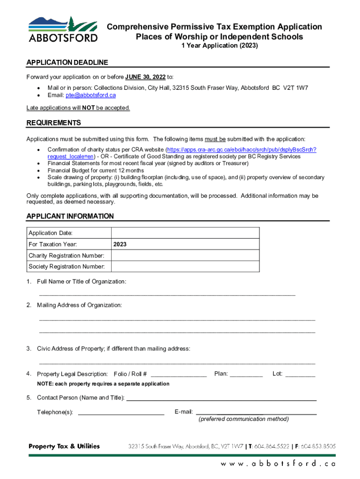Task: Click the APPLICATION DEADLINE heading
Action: pyautogui.click(x=67, y=62)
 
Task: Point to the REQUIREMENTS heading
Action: pyautogui.click(x=54, y=123)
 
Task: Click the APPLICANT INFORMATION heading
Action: pyautogui.click(x=70, y=216)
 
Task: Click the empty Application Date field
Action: pyautogui.click(x=185, y=233)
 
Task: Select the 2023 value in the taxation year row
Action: pyautogui.click(x=120, y=244)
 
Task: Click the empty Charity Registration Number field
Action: pyautogui.click(x=185, y=255)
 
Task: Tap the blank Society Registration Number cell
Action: pyautogui.click(x=185, y=267)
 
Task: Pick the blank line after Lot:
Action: pyautogui.click(x=300, y=375)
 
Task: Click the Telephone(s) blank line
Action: pyautogui.click(x=121, y=413)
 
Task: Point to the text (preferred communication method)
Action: pyautogui.click(x=244, y=419)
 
